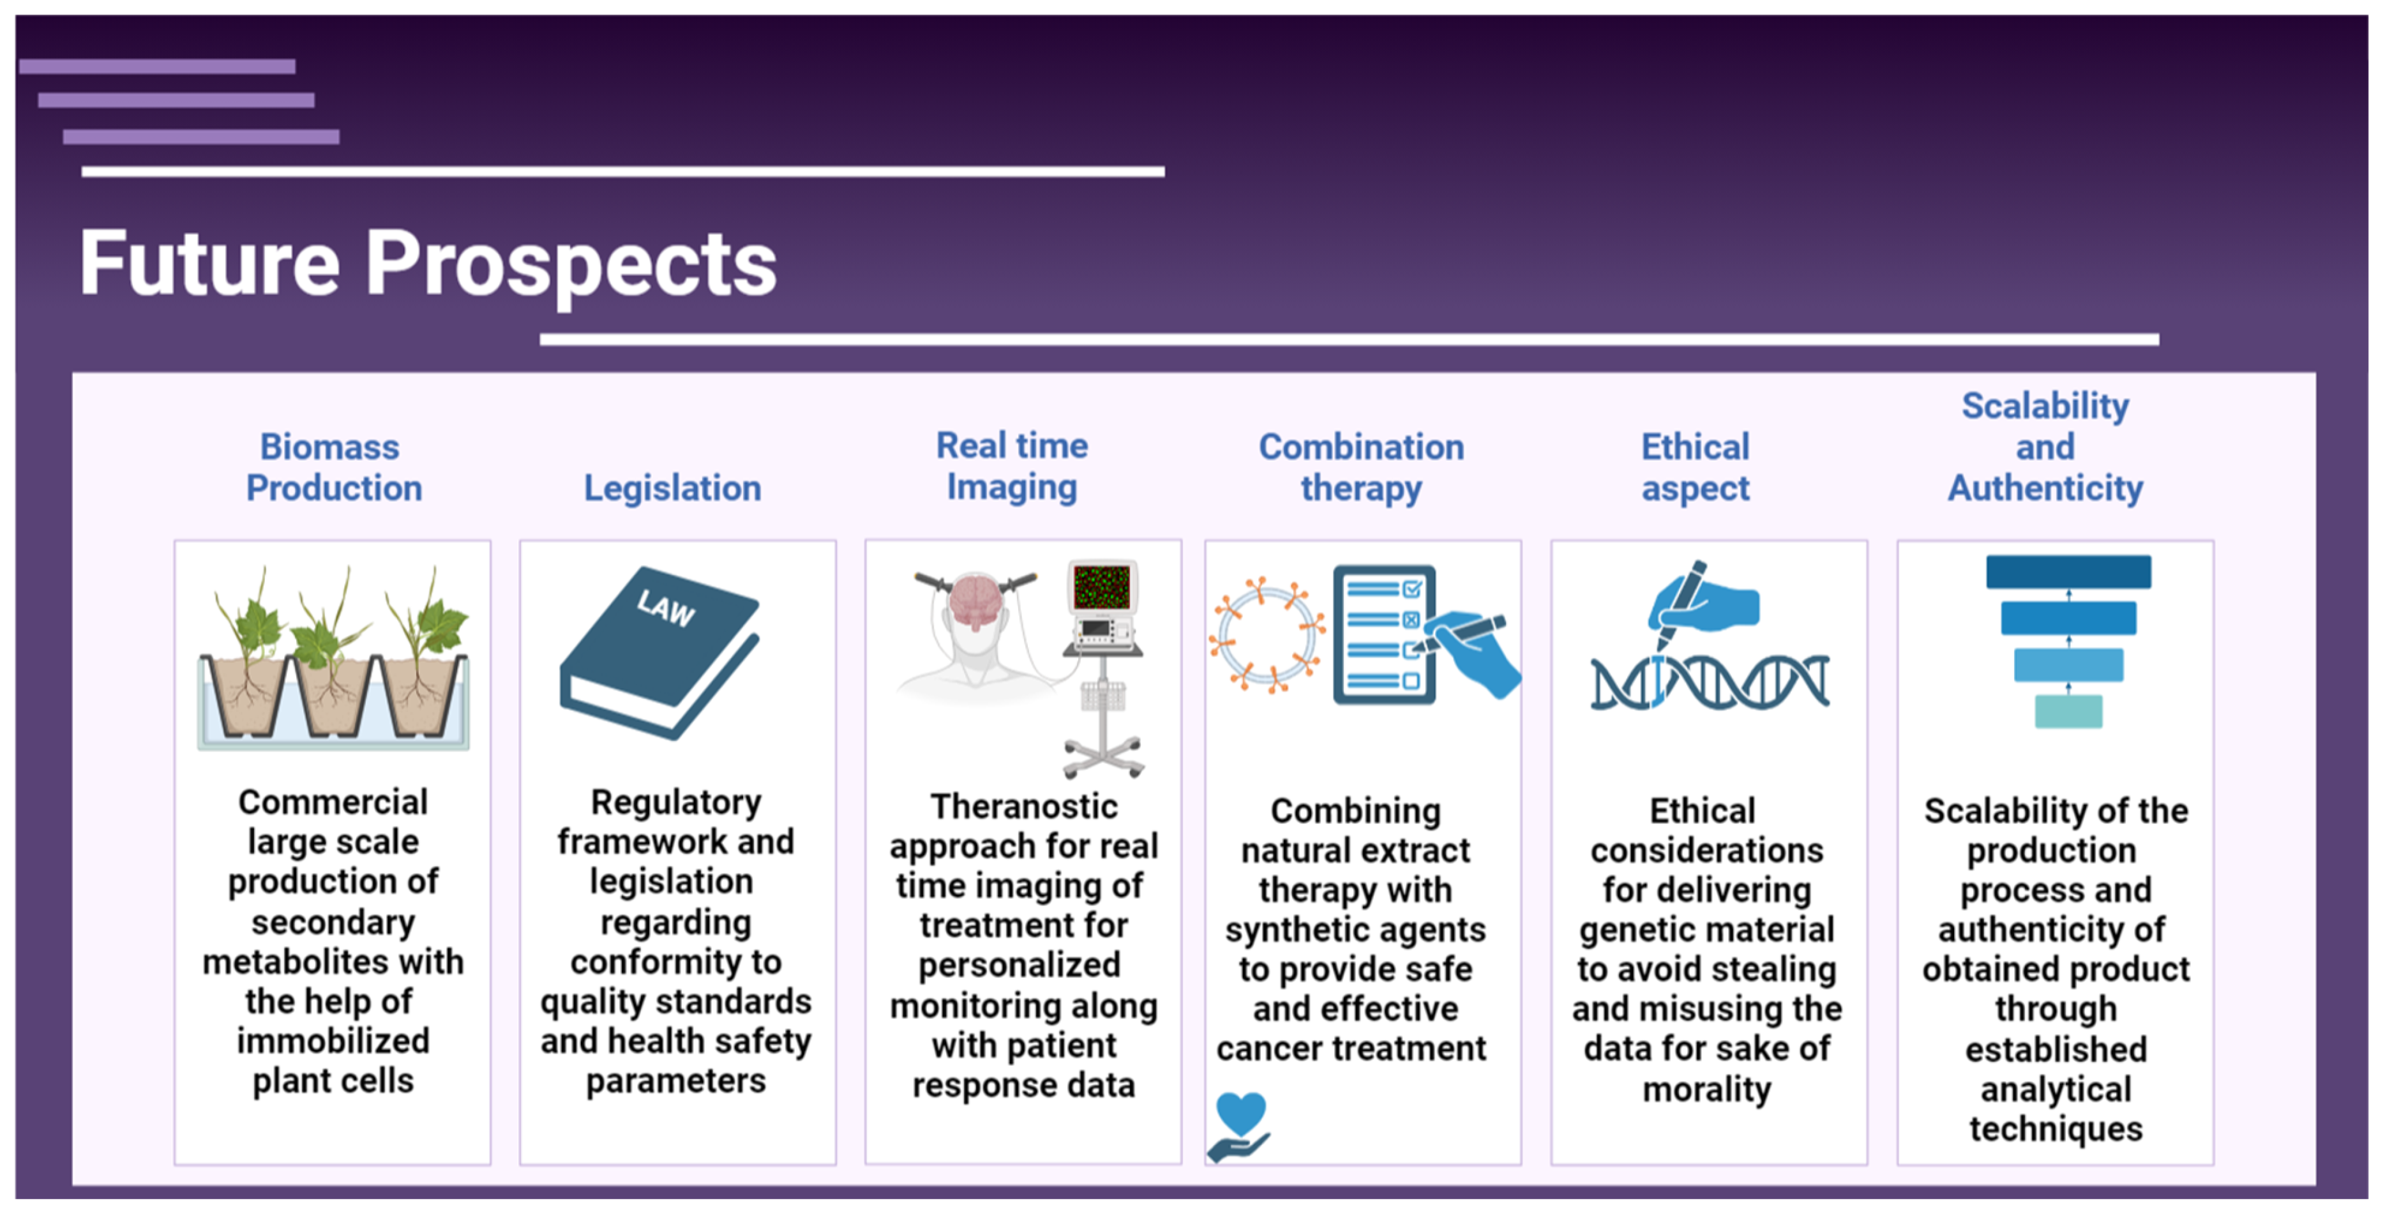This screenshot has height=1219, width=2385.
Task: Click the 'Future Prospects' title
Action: point(428,265)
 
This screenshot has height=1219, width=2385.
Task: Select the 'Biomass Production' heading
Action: point(333,467)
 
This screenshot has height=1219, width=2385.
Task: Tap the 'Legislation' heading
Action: point(672,488)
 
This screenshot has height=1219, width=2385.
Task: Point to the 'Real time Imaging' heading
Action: point(1012,467)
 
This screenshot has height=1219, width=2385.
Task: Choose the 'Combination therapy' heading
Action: point(1361,467)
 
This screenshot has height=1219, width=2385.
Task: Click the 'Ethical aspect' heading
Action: point(1696,467)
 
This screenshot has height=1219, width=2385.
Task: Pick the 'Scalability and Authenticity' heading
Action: point(2045,447)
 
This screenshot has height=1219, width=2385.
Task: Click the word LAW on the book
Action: point(666,608)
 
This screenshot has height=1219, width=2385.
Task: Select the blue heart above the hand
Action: point(1240,1112)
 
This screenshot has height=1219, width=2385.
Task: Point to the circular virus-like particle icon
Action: point(1267,635)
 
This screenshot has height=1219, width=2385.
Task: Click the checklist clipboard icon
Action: point(1384,635)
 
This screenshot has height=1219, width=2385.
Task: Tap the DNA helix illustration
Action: point(1709,683)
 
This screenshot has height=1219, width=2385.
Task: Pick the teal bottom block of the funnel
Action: point(2068,711)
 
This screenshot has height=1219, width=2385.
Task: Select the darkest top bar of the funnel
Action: point(2068,572)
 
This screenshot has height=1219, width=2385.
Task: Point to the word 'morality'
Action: point(1706,1089)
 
